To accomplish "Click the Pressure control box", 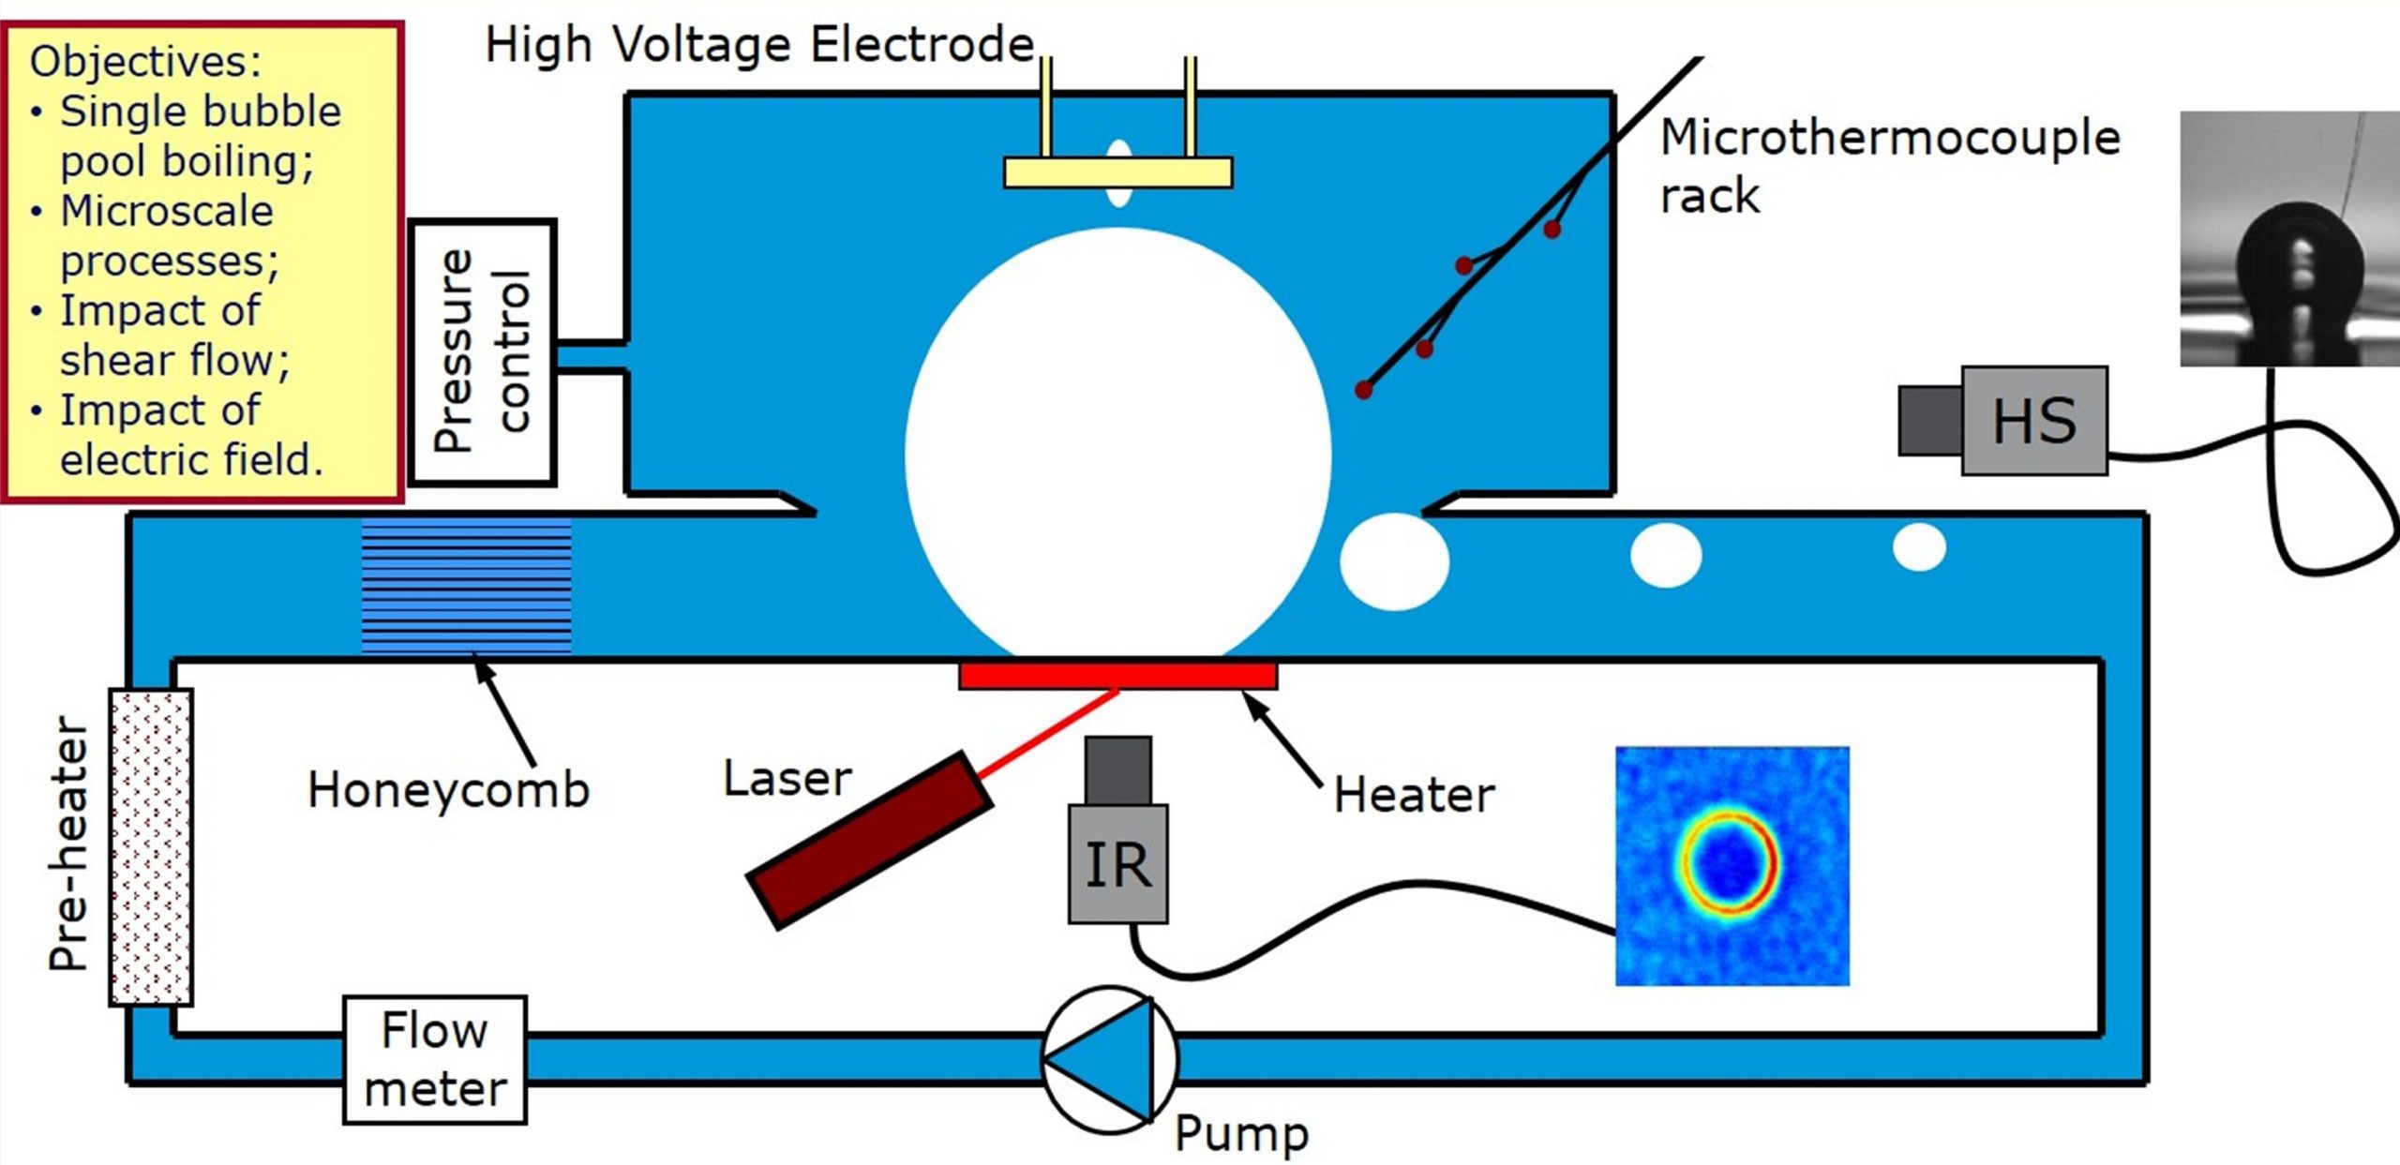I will (x=483, y=352).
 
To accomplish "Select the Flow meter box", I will (x=435, y=1059).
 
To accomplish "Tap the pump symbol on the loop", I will (x=1110, y=1058).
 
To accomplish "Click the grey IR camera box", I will (x=1118, y=862).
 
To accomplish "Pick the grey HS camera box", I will (x=2034, y=420).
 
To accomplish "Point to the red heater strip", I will (x=1117, y=676).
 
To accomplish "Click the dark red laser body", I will (x=869, y=840).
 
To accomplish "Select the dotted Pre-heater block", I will (x=151, y=846).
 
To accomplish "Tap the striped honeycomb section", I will (x=466, y=586).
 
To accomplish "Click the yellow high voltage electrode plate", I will (x=1117, y=172).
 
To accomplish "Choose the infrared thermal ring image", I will (x=1732, y=865).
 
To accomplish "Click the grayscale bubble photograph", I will (x=2289, y=238).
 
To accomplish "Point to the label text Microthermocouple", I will (x=1889, y=138).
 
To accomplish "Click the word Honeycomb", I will (x=448, y=789).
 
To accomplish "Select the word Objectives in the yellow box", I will (x=145, y=62).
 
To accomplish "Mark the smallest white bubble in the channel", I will (x=1919, y=547).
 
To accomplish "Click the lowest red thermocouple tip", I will (x=1364, y=389).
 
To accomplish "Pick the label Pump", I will (x=1241, y=1133).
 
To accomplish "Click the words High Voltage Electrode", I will (x=759, y=45).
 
